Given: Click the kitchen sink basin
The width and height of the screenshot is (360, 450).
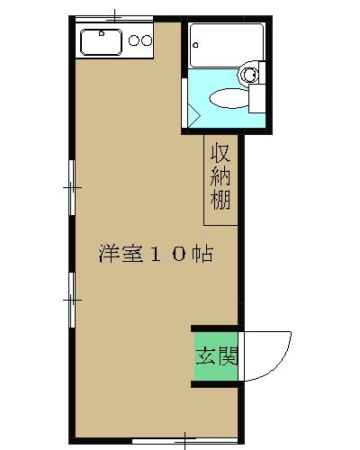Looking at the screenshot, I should pyautogui.click(x=101, y=42).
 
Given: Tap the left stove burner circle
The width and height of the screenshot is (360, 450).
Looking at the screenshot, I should pyautogui.click(x=134, y=40).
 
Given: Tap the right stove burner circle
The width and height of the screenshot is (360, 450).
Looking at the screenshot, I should pyautogui.click(x=147, y=40).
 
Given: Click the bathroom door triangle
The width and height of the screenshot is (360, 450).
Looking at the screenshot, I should pyautogui.click(x=193, y=116).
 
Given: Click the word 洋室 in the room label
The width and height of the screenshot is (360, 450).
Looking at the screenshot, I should pyautogui.click(x=121, y=254).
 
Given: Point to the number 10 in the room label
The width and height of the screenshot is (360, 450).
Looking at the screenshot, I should pyautogui.click(x=167, y=254).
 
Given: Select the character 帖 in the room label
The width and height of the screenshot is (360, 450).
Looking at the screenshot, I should pyautogui.click(x=202, y=254).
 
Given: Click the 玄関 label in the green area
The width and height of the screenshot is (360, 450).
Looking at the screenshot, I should pyautogui.click(x=217, y=356).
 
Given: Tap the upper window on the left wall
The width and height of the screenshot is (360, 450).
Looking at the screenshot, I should pyautogui.click(x=72, y=187).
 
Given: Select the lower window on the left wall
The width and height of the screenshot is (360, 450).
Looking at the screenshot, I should pyautogui.click(x=72, y=300).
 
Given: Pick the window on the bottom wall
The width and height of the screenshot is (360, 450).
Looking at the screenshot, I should pyautogui.click(x=184, y=440).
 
